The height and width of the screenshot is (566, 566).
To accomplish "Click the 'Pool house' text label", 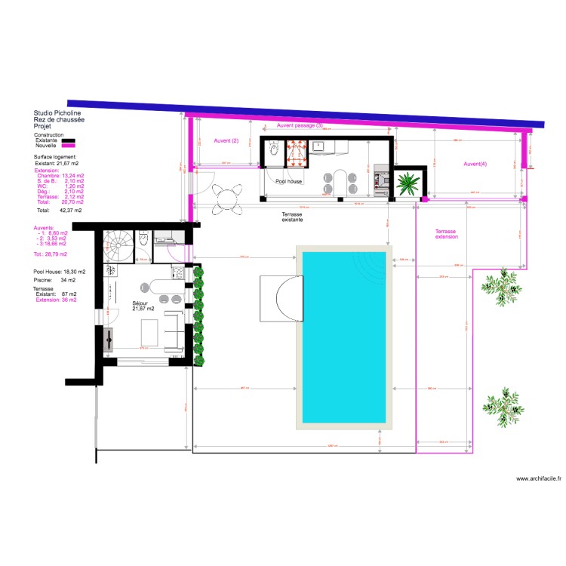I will pyautogui.click(x=288, y=182).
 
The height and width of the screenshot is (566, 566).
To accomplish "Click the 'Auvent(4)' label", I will pyautogui.click(x=475, y=164).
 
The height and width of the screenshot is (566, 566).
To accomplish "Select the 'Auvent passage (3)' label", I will pyautogui.click(x=300, y=125).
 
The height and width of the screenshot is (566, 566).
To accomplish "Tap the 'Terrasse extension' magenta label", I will pyautogui.click(x=446, y=234).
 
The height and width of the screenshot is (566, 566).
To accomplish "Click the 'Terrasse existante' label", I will pyautogui.click(x=292, y=217).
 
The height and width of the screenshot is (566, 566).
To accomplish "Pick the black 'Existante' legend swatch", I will pyautogui.click(x=69, y=140).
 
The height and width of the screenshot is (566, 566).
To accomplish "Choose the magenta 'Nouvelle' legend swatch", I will pyautogui.click(x=69, y=145).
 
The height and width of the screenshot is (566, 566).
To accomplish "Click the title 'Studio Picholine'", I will pyautogui.click(x=57, y=113).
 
